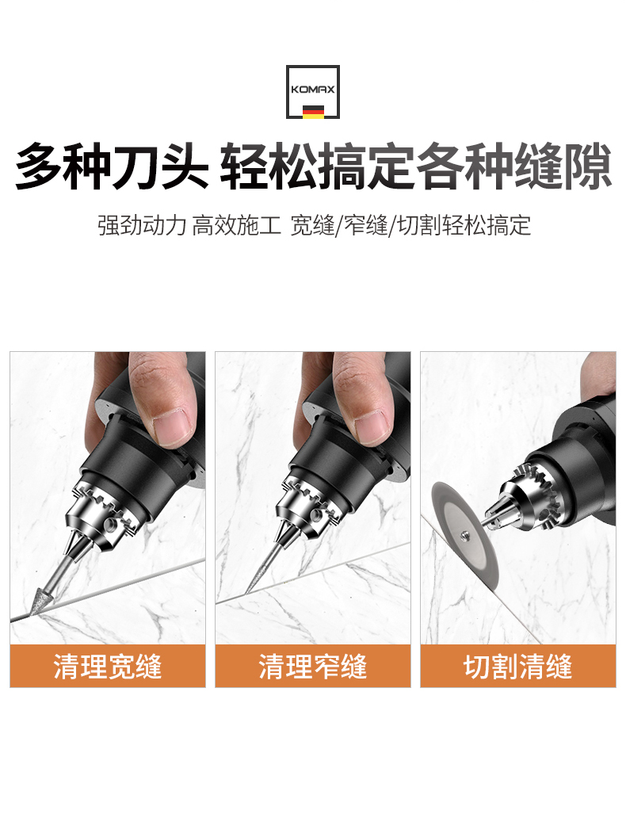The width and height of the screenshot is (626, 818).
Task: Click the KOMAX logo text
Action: coord(312,90)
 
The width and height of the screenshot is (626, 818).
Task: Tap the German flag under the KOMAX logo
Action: coord(313,111)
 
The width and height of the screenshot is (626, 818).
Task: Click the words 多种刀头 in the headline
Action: coord(112,166)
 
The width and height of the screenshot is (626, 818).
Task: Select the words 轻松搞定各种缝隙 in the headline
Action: coord(416,166)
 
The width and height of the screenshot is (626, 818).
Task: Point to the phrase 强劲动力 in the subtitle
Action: coord(142,225)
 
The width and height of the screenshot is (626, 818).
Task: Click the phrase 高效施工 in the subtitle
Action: coord(236,225)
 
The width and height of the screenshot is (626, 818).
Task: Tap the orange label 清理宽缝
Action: coord(108,666)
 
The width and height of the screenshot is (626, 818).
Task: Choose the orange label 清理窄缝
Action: coord(313,666)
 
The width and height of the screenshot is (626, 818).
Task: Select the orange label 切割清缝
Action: coord(518,666)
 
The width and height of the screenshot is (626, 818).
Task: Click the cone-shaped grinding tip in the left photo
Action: coord(44,598)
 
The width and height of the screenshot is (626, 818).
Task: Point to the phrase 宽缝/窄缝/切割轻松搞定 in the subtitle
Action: coord(410,225)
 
